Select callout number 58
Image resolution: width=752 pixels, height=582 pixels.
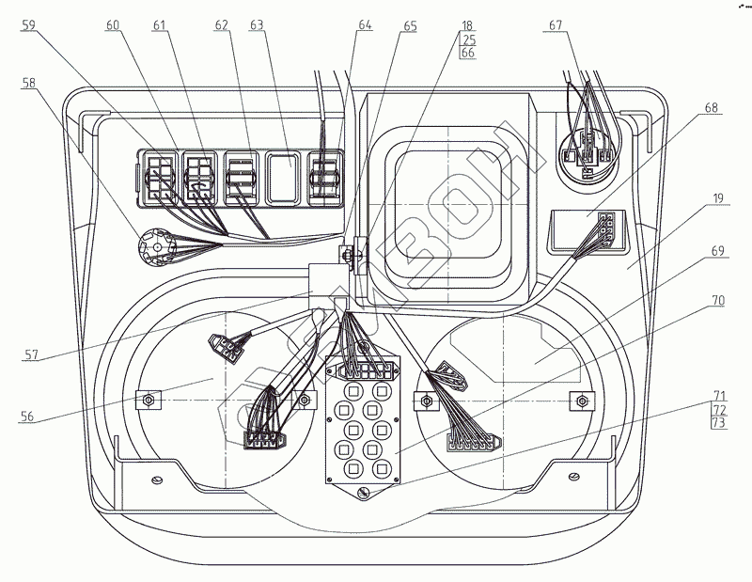pyautogui.click(x=30, y=84)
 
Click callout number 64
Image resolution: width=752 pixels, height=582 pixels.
pyautogui.click(x=365, y=25)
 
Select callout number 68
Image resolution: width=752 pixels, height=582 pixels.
pyautogui.click(x=712, y=109)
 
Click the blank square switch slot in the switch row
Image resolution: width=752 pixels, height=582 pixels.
pyautogui.click(x=281, y=179)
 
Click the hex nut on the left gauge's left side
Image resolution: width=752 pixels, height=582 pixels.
pyautogui.click(x=148, y=400)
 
